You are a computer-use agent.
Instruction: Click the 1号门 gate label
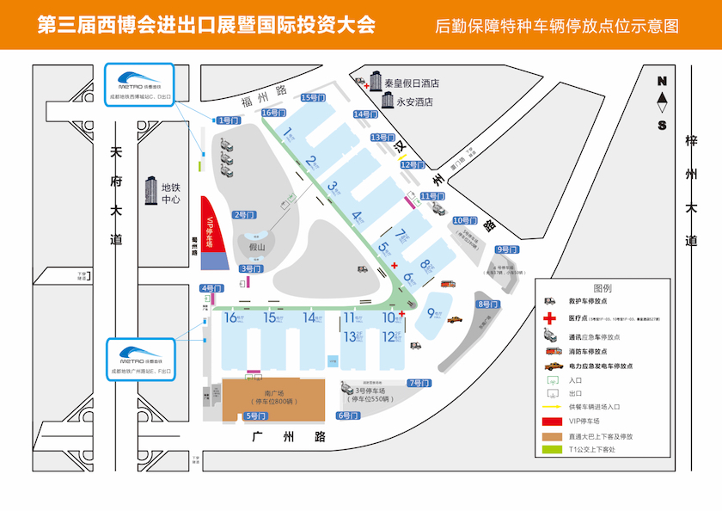(228, 120)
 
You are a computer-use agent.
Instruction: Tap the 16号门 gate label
(272, 113)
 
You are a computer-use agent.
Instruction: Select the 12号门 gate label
(413, 164)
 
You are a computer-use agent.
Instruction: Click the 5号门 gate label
(255, 416)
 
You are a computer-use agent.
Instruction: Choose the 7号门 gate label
(419, 383)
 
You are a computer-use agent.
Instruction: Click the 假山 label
(257, 248)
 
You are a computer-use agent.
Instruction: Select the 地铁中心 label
(171, 194)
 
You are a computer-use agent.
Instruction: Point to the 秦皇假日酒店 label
(412, 83)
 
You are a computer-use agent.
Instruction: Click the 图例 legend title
(603, 287)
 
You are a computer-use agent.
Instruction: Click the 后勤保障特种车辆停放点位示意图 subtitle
(557, 26)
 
